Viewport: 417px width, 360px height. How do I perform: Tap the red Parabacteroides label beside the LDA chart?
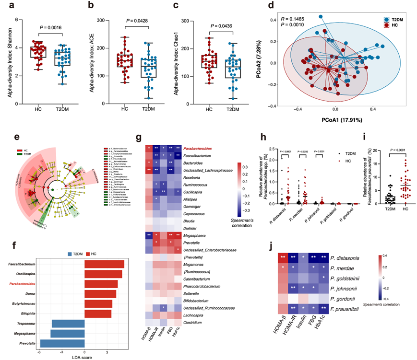pos(33,284)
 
